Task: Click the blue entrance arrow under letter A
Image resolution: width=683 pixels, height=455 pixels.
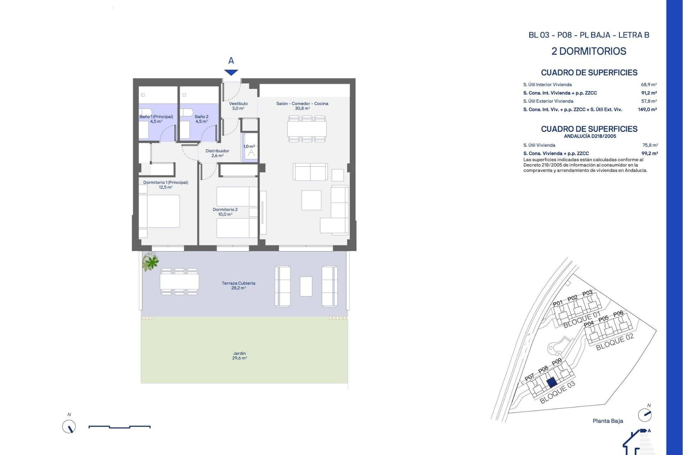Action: pyautogui.click(x=231, y=72)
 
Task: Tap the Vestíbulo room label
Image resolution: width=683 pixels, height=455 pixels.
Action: pyautogui.click(x=238, y=106)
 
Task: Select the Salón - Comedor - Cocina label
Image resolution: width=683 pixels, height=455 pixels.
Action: pyautogui.click(x=302, y=106)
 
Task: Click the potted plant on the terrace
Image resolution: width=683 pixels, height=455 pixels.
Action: pyautogui.click(x=150, y=262)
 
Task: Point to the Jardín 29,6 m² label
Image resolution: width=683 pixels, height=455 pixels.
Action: pyautogui.click(x=239, y=355)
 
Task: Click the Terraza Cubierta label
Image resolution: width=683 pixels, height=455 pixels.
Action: pyautogui.click(x=238, y=285)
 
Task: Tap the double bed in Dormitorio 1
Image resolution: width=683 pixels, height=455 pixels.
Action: pyautogui.click(x=159, y=211)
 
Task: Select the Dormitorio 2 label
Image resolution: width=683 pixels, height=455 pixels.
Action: pyautogui.click(x=225, y=212)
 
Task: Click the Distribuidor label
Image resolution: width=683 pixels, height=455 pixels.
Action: pyautogui.click(x=217, y=153)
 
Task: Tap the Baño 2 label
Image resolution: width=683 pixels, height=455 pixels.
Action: pyautogui.click(x=201, y=119)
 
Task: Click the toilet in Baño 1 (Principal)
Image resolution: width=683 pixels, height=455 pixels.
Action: pyautogui.click(x=145, y=113)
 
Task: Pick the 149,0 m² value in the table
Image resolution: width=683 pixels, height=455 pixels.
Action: pyautogui.click(x=647, y=109)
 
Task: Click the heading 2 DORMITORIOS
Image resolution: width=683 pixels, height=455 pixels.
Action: pyautogui.click(x=589, y=51)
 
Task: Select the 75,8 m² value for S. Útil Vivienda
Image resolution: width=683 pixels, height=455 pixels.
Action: pyautogui.click(x=650, y=145)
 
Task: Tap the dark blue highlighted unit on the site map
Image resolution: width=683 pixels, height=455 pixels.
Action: pyautogui.click(x=551, y=382)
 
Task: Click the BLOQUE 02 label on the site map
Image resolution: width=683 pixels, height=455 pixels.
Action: pyautogui.click(x=615, y=342)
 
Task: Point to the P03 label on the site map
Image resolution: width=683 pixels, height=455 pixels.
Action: pyautogui.click(x=587, y=293)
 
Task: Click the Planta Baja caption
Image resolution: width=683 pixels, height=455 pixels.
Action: pyautogui.click(x=608, y=421)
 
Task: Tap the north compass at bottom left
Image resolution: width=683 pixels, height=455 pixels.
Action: pyautogui.click(x=69, y=426)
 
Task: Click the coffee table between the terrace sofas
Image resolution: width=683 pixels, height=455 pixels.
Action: pyautogui.click(x=306, y=286)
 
